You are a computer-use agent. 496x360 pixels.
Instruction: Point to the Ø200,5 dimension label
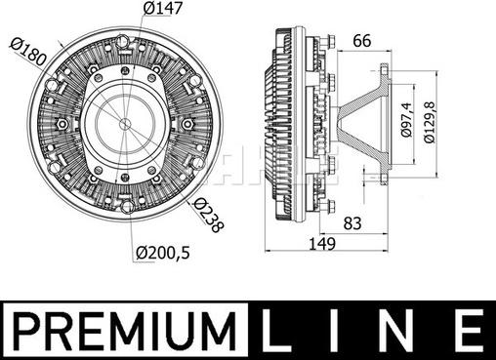163,253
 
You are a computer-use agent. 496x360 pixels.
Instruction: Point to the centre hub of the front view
125,125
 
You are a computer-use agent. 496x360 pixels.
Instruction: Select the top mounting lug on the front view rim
125,41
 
